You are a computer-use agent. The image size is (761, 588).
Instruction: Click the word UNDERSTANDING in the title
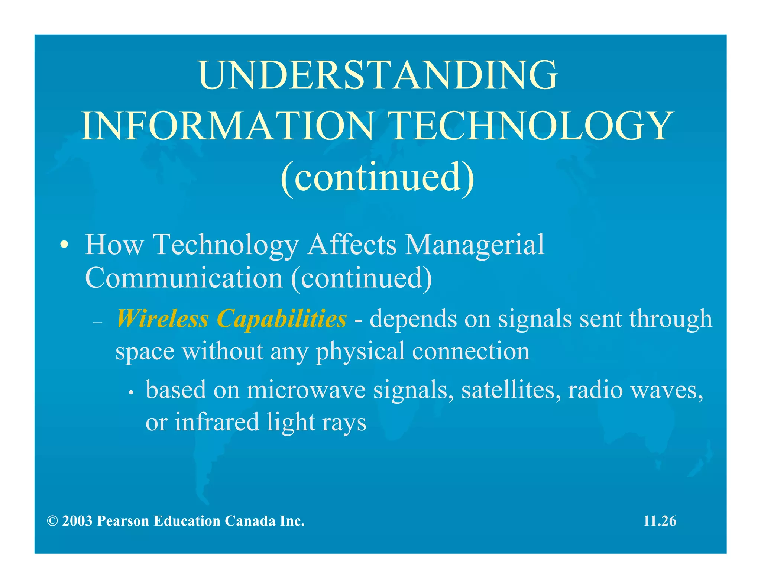pos(378,75)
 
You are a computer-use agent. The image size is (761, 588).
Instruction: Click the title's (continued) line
pos(378,177)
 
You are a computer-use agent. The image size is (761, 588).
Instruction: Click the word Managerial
pos(475,245)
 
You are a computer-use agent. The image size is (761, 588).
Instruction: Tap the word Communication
pos(184,278)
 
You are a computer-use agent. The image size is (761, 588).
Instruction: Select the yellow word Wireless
pos(162,319)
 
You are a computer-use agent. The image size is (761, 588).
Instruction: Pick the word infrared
pos(217,423)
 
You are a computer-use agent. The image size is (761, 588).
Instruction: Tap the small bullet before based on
pos(131,393)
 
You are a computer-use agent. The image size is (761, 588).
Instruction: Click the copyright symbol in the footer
pos(52,521)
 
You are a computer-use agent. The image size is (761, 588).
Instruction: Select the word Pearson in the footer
pos(123,521)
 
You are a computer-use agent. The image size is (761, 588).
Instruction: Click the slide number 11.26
pos(660,521)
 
